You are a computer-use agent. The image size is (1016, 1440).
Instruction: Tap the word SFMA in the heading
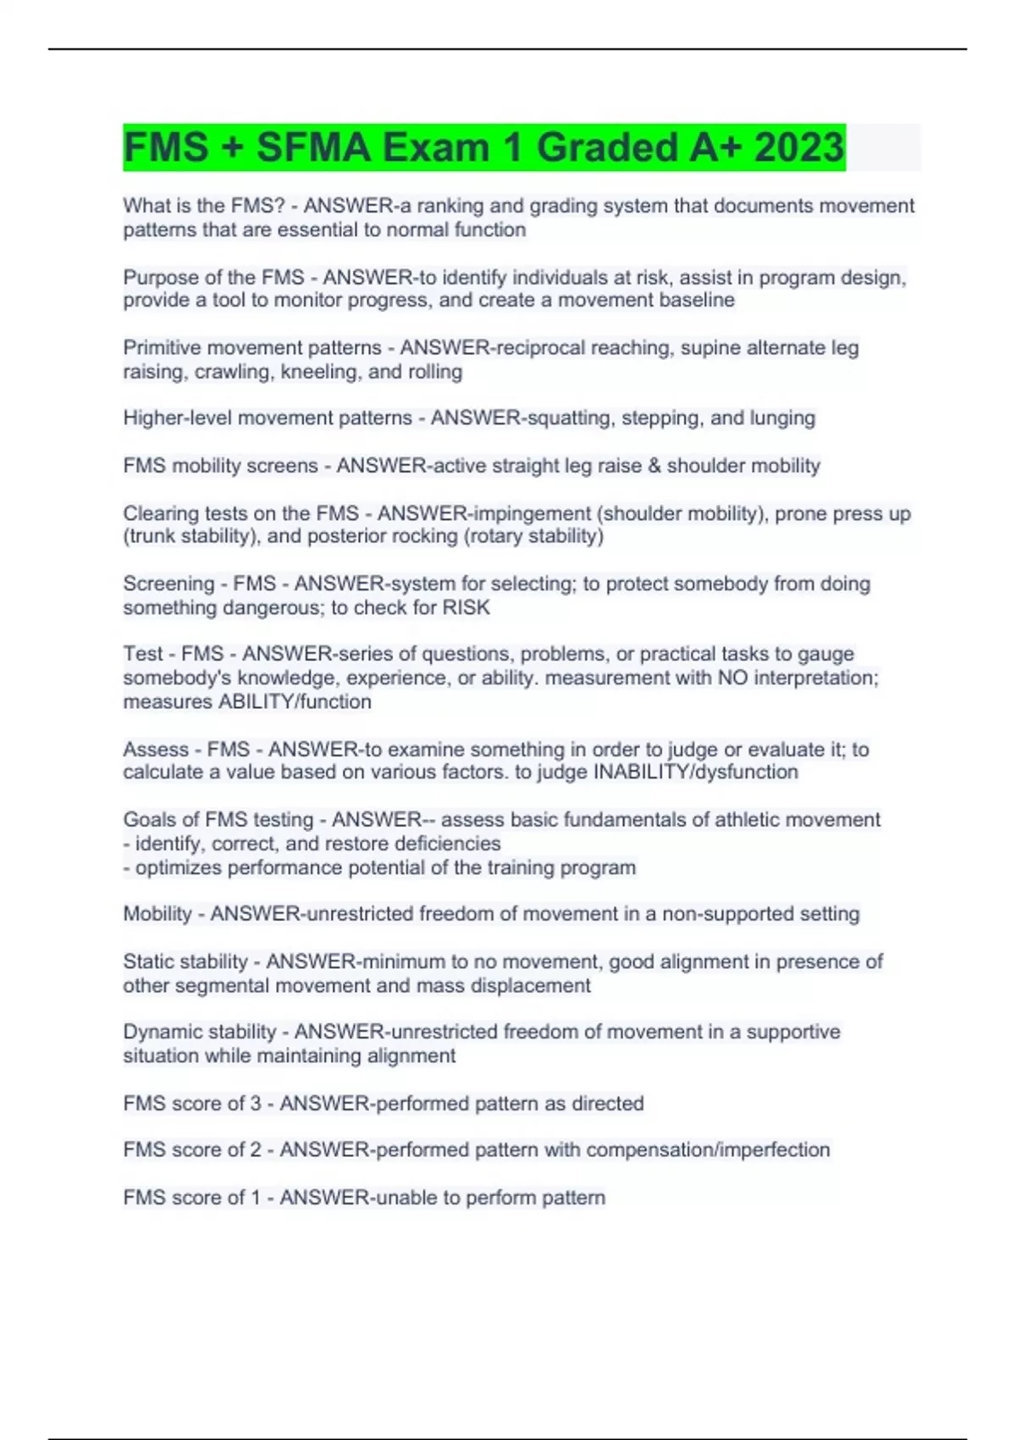point(313,147)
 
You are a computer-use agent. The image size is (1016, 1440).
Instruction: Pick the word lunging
point(782,418)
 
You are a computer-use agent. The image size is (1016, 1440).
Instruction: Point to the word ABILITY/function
point(295,702)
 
